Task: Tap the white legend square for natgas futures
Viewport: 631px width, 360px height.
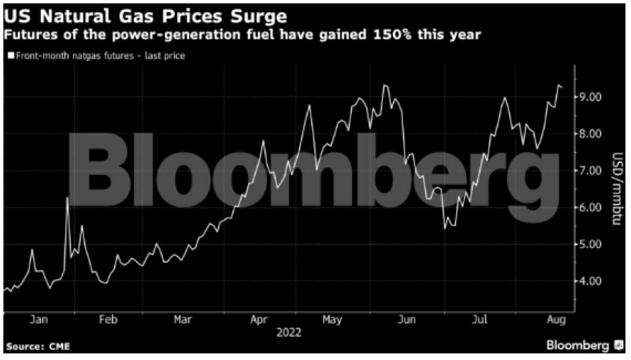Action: (9, 55)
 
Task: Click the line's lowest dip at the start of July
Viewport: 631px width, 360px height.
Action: (445, 227)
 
